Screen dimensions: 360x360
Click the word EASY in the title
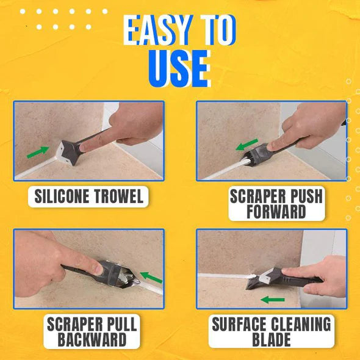tap(158, 30)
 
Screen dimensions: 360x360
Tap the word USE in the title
tap(179, 68)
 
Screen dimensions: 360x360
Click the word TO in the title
tap(218, 30)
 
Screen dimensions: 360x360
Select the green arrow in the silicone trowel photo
tap(38, 153)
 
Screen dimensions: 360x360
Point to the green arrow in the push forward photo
tap(247, 145)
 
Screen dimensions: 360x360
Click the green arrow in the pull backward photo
tap(151, 277)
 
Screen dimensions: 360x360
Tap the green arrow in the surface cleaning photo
tap(273, 300)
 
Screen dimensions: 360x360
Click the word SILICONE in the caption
tap(62, 196)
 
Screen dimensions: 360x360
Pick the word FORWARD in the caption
tap(276, 212)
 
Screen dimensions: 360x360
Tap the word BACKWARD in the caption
tap(92, 339)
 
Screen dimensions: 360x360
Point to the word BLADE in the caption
tap(272, 339)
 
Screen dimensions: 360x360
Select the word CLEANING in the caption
tap(301, 324)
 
